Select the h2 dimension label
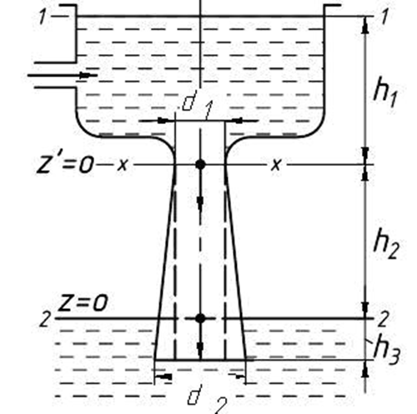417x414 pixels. point(386,244)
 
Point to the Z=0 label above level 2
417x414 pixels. point(83,302)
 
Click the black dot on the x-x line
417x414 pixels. point(200,164)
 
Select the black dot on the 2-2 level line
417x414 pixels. point(200,318)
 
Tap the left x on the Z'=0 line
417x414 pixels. point(123,165)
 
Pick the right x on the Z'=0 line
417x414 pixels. point(276,165)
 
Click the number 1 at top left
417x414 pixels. point(43,17)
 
